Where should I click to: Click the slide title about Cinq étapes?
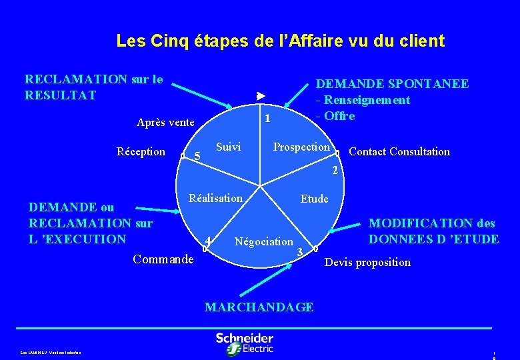280,41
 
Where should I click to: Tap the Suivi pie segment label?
229,147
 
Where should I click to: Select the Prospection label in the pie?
301,147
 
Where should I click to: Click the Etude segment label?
314,199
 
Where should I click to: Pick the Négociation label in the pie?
264,241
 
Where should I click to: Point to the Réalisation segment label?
215,198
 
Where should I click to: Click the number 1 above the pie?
267,119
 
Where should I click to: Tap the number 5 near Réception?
197,156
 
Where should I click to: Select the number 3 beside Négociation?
300,252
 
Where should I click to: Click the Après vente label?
165,122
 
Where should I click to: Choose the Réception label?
141,151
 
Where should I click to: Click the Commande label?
163,259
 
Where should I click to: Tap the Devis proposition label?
367,262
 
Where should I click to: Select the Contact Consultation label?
399,151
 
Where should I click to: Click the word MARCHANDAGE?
259,307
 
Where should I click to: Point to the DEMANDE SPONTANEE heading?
392,84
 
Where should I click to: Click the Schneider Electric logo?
244,343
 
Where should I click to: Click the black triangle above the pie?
261,96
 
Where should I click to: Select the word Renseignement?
367,100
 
